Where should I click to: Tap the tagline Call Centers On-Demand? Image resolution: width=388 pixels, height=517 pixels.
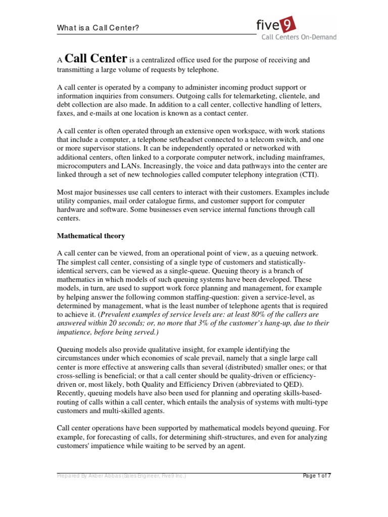point(298,37)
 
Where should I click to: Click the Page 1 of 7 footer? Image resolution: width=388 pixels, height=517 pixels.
point(317,476)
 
